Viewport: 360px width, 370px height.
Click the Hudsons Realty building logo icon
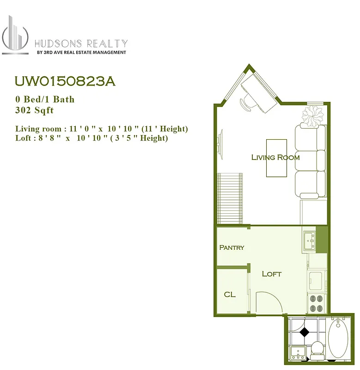point(15,35)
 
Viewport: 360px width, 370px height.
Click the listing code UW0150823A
point(65,81)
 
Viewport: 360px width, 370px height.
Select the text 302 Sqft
point(34,110)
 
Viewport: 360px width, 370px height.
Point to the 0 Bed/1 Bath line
point(45,99)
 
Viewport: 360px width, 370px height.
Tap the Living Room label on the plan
point(275,157)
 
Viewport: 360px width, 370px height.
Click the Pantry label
point(232,247)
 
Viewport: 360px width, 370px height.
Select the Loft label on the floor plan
point(271,274)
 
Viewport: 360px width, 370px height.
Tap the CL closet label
point(230,294)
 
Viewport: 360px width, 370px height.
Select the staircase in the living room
point(230,198)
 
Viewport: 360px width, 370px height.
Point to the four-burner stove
point(317,303)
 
